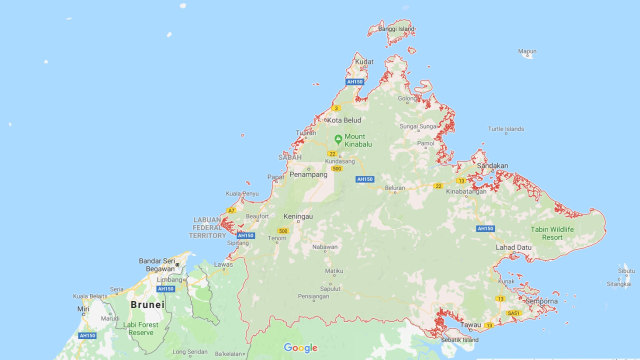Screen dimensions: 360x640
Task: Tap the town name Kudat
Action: [364, 61]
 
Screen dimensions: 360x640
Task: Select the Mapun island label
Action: [527, 52]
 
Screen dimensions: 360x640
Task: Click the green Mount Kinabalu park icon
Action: [338, 139]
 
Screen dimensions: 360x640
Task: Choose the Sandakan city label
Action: [492, 165]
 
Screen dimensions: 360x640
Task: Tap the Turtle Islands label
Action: [506, 128]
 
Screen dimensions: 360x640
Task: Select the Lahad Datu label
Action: [514, 247]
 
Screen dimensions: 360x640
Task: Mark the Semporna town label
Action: [541, 301]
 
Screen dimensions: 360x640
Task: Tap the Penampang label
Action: [308, 174]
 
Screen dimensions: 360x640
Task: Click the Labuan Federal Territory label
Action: [207, 228]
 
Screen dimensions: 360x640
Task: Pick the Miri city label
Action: [83, 309]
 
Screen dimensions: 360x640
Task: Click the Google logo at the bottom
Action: [300, 348]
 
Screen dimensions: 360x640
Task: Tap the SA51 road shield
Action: [515, 313]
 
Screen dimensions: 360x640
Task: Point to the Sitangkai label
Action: [619, 284]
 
